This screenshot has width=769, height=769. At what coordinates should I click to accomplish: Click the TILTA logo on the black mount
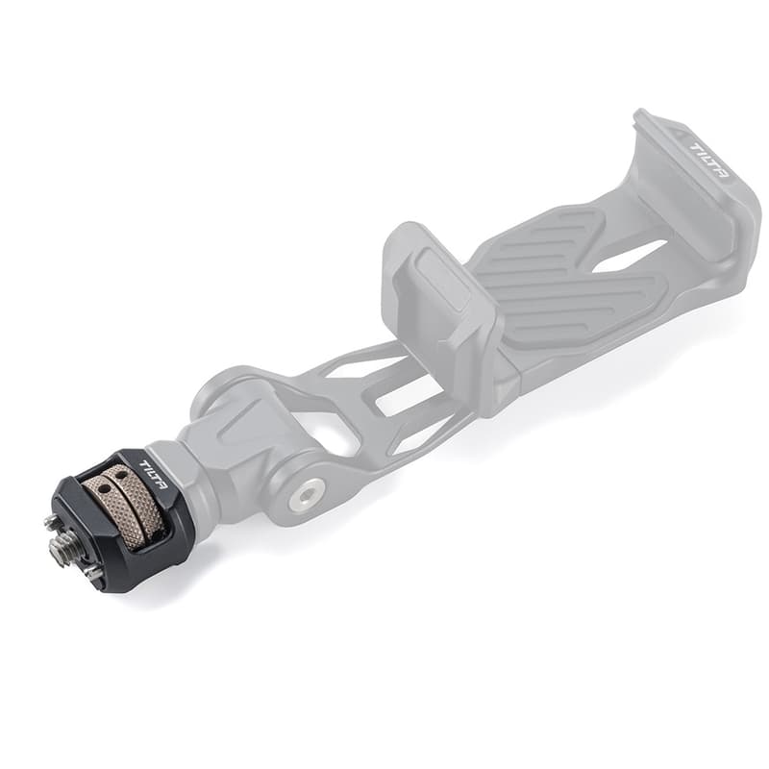click(x=154, y=475)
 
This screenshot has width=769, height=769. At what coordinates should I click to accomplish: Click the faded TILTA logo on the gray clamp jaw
click(x=709, y=161)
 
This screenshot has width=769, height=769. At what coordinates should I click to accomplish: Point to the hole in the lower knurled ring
click(x=104, y=489)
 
